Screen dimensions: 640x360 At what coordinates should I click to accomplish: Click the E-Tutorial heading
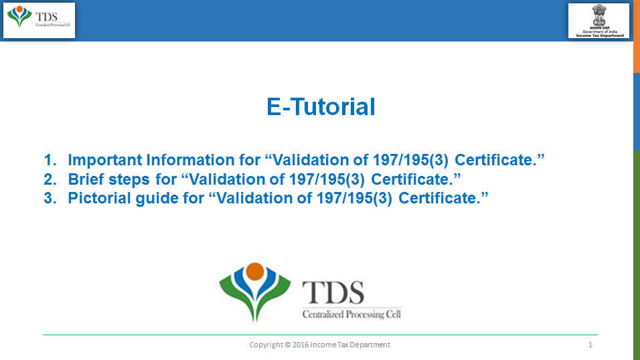(x=321, y=107)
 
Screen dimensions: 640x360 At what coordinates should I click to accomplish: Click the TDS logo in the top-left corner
(x=39, y=20)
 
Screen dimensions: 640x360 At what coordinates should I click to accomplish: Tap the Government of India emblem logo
(x=598, y=21)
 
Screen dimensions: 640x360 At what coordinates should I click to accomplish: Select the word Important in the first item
(x=105, y=160)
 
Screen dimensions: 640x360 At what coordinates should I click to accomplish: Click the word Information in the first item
(x=191, y=160)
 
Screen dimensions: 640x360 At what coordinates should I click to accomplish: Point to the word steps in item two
(x=129, y=180)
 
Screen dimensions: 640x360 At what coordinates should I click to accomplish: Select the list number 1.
(x=50, y=160)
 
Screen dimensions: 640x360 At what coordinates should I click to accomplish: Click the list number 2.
(x=50, y=179)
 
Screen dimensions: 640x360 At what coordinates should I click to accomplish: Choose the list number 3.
(x=50, y=198)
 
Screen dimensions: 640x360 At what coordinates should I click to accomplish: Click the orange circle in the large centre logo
(x=255, y=272)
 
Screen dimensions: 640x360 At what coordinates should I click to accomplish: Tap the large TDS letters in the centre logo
(x=333, y=292)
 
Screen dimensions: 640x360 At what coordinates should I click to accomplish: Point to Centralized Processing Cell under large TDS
(x=351, y=314)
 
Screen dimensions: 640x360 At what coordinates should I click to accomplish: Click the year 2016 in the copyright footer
(x=301, y=345)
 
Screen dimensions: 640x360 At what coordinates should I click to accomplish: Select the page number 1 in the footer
(x=590, y=345)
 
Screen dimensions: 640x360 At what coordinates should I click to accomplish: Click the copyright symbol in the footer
(x=288, y=345)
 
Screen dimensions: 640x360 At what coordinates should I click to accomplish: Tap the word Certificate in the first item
(x=499, y=160)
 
